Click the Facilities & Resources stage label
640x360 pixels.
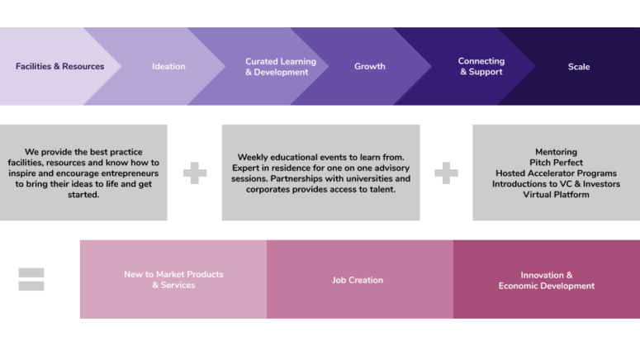tap(60, 66)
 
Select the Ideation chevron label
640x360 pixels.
tap(168, 66)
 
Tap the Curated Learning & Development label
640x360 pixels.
tap(281, 67)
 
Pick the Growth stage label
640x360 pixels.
tap(370, 66)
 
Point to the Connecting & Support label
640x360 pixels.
tap(481, 66)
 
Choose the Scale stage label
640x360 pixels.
tap(579, 67)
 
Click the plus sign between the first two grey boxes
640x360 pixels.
tap(195, 173)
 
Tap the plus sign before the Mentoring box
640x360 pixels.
tap(446, 173)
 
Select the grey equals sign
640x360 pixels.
tap(31, 279)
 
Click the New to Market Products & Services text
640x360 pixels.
tap(173, 280)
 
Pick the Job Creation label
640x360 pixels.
tap(358, 280)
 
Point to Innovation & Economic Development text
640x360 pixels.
tap(547, 281)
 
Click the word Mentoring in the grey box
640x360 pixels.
tap(556, 152)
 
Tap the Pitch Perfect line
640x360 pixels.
tap(556, 163)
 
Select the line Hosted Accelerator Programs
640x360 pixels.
tap(556, 173)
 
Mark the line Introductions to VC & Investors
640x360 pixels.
tap(556, 183)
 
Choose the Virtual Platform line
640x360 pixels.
tap(556, 194)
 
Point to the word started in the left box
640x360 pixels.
tap(83, 194)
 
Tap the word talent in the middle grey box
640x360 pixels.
tap(384, 189)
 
